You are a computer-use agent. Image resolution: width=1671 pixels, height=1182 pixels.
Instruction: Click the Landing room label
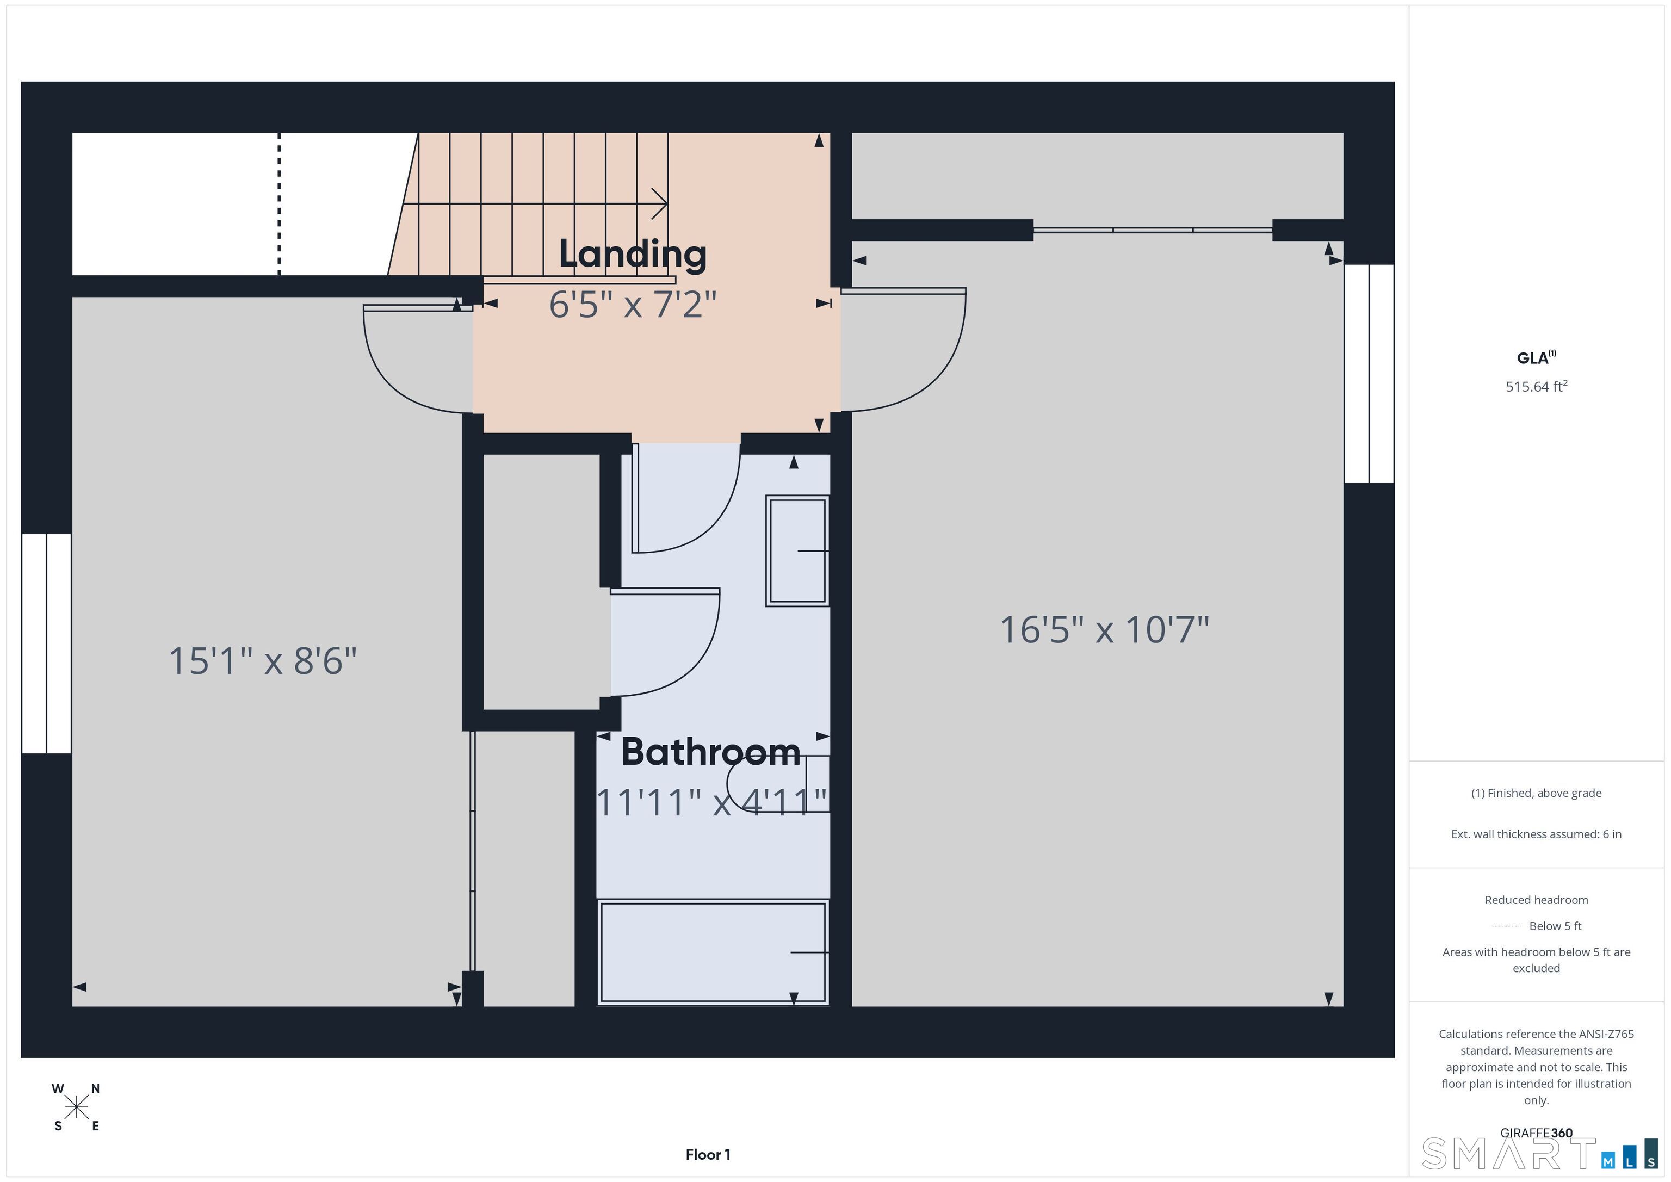tap(633, 254)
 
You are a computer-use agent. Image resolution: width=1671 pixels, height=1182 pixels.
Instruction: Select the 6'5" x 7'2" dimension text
tap(633, 304)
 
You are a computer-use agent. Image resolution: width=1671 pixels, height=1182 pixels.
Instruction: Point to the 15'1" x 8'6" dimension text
tap(263, 661)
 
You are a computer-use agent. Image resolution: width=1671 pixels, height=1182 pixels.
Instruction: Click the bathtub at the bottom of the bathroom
tap(713, 952)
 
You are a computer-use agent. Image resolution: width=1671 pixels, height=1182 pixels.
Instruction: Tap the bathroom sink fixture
tap(797, 551)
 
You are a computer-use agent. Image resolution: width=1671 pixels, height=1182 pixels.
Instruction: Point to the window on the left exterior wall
tap(46, 643)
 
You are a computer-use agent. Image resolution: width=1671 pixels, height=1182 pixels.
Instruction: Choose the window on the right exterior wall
tap(1369, 373)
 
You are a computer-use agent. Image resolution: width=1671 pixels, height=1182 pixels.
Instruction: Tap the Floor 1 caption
tap(708, 1154)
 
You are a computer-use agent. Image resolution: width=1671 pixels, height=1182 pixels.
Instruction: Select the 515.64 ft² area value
tap(1536, 387)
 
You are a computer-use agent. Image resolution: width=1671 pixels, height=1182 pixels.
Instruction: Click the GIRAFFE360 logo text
tap(1536, 1133)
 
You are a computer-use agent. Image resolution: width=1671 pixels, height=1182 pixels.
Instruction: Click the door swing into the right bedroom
tap(906, 349)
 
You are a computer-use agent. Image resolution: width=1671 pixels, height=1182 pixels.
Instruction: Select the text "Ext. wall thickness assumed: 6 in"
tap(1536, 834)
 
